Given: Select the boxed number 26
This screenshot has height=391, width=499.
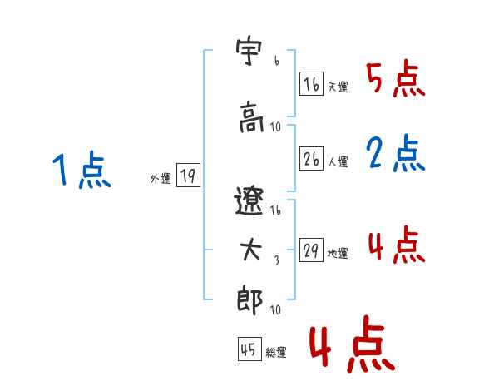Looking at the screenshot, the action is click(x=311, y=160).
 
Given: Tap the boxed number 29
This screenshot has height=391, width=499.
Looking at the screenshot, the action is click(x=311, y=252).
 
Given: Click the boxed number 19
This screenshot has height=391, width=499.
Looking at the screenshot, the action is click(x=188, y=176).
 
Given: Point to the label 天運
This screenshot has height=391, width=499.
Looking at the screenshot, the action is click(x=338, y=87).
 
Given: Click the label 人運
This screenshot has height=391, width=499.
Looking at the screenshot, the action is click(x=338, y=162).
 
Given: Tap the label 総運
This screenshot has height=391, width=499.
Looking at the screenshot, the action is click(x=276, y=353).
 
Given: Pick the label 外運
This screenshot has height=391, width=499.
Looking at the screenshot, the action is click(x=160, y=178).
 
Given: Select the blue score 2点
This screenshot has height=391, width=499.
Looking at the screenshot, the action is click(x=396, y=154).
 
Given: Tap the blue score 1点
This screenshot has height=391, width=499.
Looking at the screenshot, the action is click(x=81, y=172).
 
